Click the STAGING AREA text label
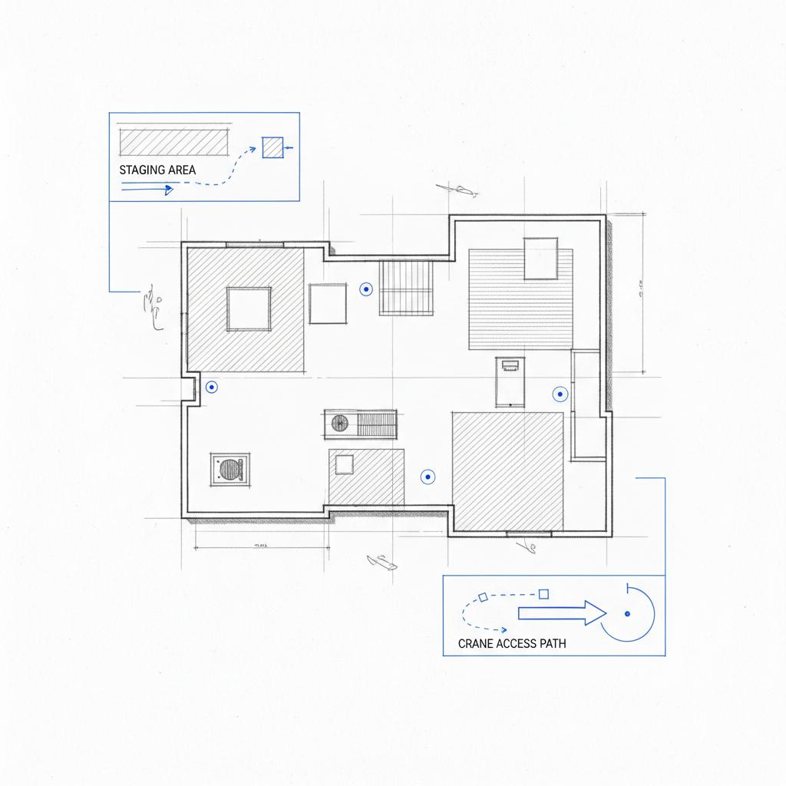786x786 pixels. click(157, 170)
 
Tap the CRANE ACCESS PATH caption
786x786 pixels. click(512, 643)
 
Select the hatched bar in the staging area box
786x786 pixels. click(174, 141)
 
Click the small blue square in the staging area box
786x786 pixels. click(272, 147)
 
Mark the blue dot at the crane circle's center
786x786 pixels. click(627, 613)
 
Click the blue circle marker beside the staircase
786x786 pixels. click(366, 289)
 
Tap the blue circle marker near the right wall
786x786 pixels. click(560, 395)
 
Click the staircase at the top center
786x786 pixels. click(407, 287)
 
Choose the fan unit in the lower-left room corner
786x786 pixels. click(230, 468)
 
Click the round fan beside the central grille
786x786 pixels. click(339, 423)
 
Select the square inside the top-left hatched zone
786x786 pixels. click(249, 309)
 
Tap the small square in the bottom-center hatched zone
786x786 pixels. click(344, 464)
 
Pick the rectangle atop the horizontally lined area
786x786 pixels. click(540, 259)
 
